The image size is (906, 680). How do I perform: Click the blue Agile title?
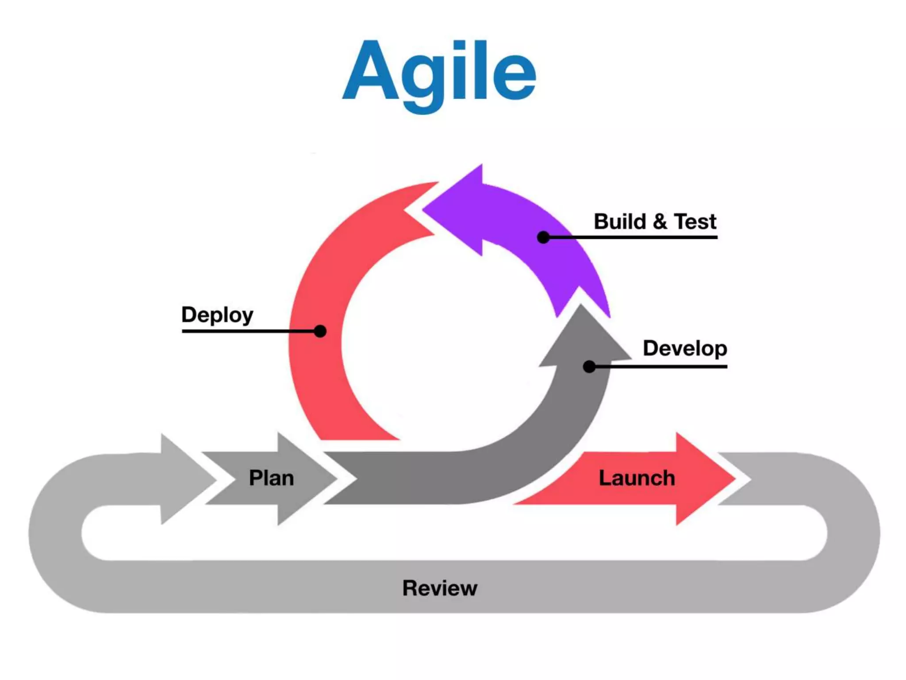pyautogui.click(x=439, y=73)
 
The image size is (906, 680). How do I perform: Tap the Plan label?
pyautogui.click(x=271, y=478)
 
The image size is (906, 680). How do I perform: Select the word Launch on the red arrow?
pyautogui.click(x=637, y=478)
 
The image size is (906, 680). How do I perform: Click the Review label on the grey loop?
pyautogui.click(x=440, y=588)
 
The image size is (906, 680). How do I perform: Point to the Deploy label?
pyautogui.click(x=217, y=315)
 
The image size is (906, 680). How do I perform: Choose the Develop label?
pyautogui.click(x=685, y=348)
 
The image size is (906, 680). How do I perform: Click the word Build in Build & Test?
pyautogui.click(x=620, y=221)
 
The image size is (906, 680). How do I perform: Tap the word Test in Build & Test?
pyautogui.click(x=695, y=221)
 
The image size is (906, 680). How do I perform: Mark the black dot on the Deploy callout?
pyautogui.click(x=320, y=331)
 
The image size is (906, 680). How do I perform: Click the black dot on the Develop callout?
pyautogui.click(x=589, y=367)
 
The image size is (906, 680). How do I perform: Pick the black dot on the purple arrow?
pyautogui.click(x=543, y=237)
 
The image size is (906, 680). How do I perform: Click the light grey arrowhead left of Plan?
pyautogui.click(x=186, y=479)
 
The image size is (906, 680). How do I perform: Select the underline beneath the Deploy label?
pyautogui.click(x=248, y=331)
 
